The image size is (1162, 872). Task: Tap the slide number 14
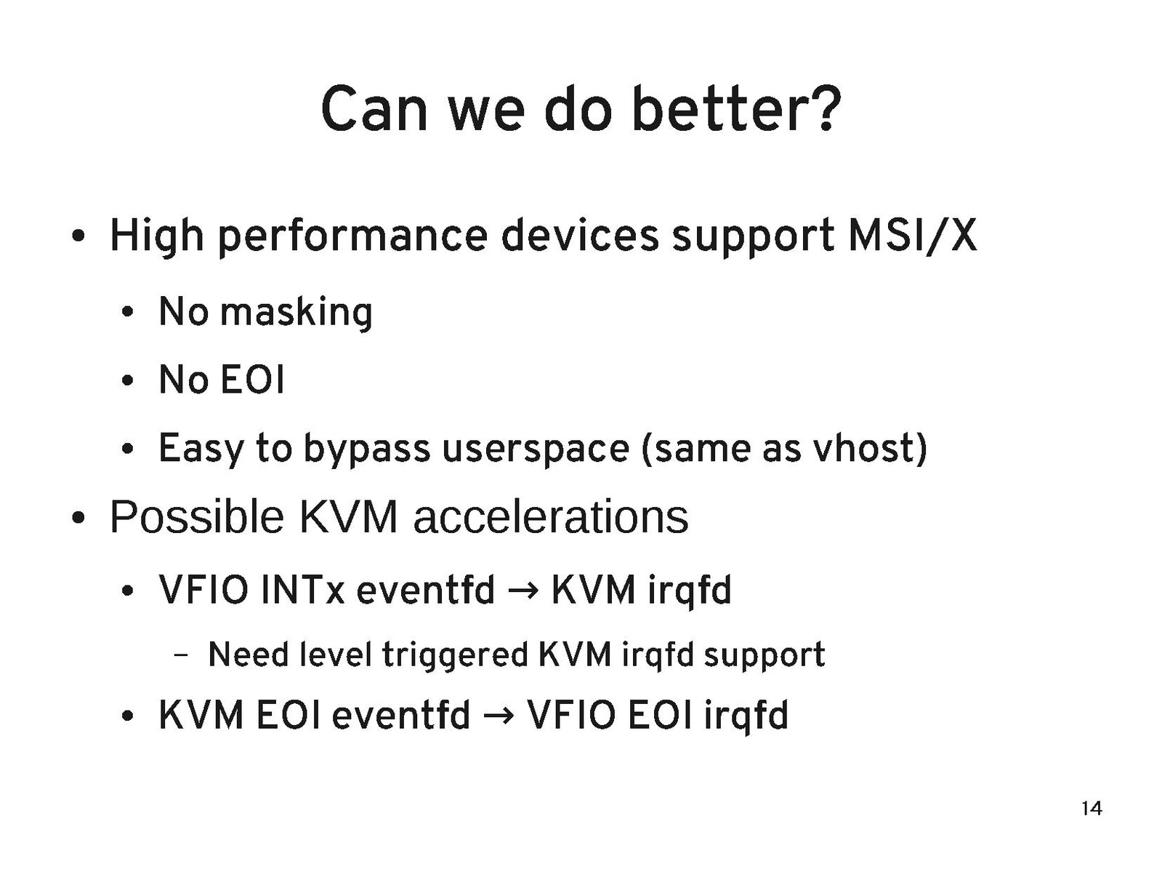click(x=1091, y=809)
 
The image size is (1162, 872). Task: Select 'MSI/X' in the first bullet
click(x=911, y=236)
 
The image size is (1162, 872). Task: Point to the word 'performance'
click(x=352, y=237)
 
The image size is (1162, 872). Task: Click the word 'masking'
click(x=296, y=313)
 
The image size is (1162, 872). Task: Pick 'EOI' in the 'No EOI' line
click(x=252, y=380)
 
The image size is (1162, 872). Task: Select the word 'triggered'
click(x=455, y=655)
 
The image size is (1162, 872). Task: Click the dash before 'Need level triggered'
click(x=180, y=656)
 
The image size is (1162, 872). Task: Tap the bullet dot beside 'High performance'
click(x=78, y=236)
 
